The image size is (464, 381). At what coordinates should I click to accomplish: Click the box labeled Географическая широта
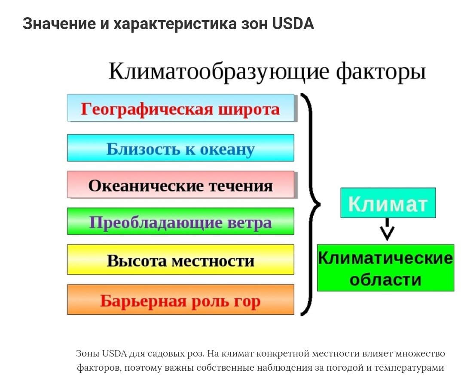pyautogui.click(x=180, y=108)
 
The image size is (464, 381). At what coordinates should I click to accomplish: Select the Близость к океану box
pyautogui.click(x=180, y=148)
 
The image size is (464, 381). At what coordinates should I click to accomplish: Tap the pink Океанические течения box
pyautogui.click(x=180, y=185)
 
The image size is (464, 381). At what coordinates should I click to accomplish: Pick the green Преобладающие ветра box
pyautogui.click(x=180, y=222)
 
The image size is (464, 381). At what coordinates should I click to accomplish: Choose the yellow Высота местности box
pyautogui.click(x=180, y=260)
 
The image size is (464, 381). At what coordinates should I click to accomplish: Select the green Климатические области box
pyautogui.click(x=385, y=268)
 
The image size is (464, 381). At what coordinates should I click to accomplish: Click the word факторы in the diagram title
pyautogui.click(x=381, y=71)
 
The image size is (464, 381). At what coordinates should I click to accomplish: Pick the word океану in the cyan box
pyautogui.click(x=227, y=149)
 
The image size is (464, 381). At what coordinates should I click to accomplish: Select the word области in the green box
pyautogui.click(x=385, y=280)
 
